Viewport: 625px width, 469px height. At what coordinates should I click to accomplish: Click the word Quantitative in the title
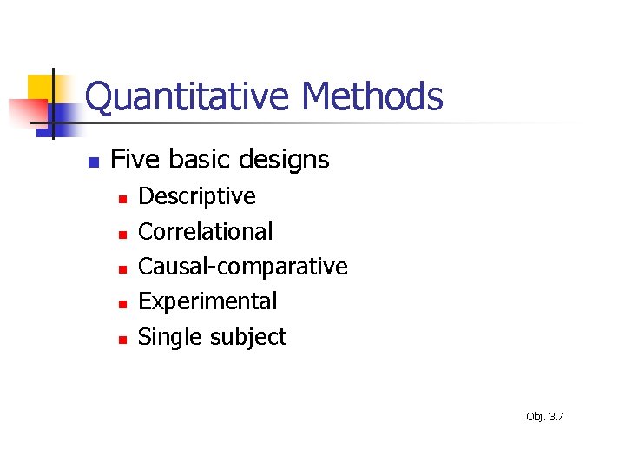(x=186, y=97)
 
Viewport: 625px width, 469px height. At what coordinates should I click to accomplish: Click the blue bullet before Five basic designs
(x=94, y=162)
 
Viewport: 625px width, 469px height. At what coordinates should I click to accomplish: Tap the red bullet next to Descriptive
(x=123, y=199)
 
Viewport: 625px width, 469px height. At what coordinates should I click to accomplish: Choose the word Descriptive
(x=197, y=196)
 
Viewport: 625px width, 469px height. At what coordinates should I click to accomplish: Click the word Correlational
(x=206, y=232)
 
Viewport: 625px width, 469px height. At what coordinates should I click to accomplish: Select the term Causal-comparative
(x=243, y=267)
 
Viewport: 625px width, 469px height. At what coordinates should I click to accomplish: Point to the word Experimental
(x=207, y=302)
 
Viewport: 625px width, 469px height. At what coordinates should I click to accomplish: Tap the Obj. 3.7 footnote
(x=544, y=417)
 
